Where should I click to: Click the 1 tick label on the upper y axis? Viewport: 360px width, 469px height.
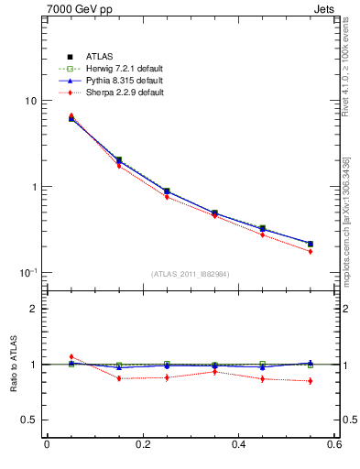[33, 187]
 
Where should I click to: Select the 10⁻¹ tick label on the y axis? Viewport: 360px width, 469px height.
[27, 272]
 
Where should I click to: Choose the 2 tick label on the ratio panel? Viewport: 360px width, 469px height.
[33, 309]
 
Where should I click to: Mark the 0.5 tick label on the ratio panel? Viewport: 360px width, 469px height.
[29, 420]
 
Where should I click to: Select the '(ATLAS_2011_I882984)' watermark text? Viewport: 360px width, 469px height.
[190, 274]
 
